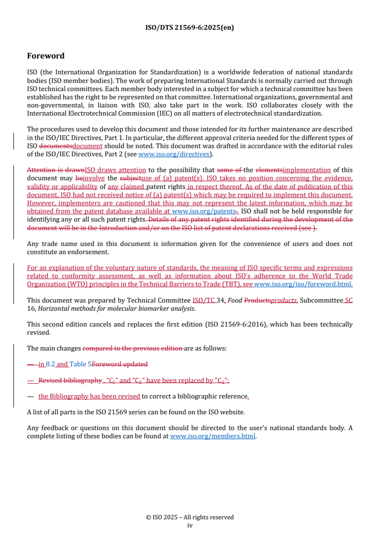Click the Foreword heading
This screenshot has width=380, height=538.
click(x=46, y=56)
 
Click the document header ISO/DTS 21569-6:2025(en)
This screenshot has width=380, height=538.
click(x=189, y=27)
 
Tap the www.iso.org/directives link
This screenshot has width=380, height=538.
click(x=173, y=154)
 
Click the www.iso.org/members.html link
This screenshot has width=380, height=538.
click(x=213, y=436)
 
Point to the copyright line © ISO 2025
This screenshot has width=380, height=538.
click(x=189, y=517)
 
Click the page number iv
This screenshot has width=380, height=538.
click(x=189, y=525)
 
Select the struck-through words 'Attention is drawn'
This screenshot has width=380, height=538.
click(x=56, y=170)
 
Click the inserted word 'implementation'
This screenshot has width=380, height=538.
click(x=307, y=170)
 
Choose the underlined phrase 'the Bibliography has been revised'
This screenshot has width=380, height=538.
click(x=89, y=396)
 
